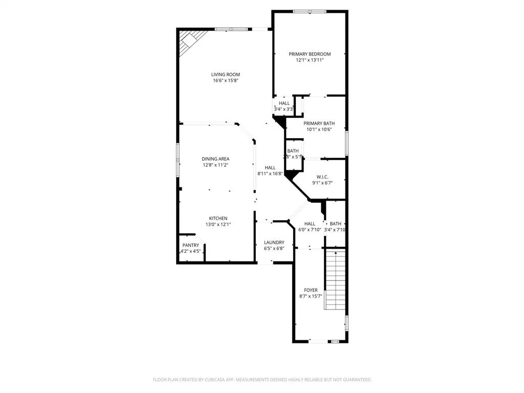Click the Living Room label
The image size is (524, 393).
point(226,74)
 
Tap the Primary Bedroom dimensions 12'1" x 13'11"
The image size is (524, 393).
point(310,60)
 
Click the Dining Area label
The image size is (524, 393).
point(215,159)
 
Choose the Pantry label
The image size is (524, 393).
point(190,245)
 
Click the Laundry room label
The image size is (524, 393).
point(274,243)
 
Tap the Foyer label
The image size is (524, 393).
point(311,290)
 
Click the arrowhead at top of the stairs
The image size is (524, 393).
point(335,252)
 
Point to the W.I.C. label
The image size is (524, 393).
point(323,177)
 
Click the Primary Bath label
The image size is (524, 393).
point(319,123)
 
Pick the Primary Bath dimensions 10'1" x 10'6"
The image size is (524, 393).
point(319,129)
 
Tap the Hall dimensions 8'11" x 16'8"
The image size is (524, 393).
point(270,173)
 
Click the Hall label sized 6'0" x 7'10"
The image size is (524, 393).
point(310,224)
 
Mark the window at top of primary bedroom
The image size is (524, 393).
point(310,11)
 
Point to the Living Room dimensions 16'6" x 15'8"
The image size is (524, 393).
point(226,80)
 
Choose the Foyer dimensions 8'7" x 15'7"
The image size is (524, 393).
point(311,296)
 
